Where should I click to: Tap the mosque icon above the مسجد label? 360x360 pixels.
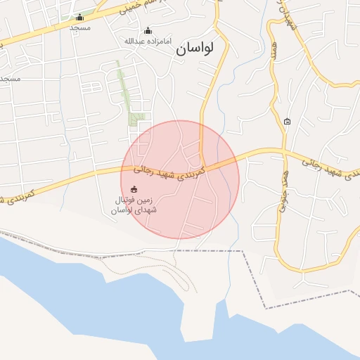[x=79, y=18]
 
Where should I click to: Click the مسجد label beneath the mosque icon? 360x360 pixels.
[x=80, y=27]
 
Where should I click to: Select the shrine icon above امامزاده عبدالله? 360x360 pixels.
[x=148, y=30]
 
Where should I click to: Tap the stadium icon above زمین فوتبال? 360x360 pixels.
[x=134, y=188]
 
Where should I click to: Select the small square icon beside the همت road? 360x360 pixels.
[x=287, y=122]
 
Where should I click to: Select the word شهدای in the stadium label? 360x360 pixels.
[x=146, y=210]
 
